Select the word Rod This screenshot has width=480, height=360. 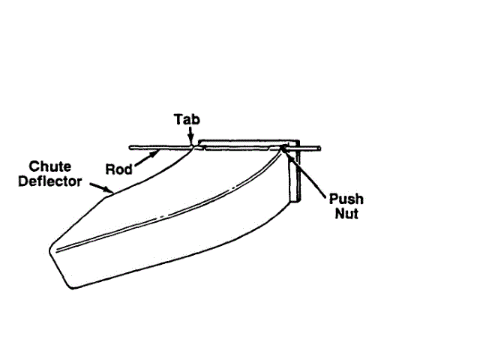[119, 169]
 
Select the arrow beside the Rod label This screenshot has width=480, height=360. [147, 157]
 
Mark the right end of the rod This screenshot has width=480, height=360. [321, 148]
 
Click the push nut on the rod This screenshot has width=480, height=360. [286, 149]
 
